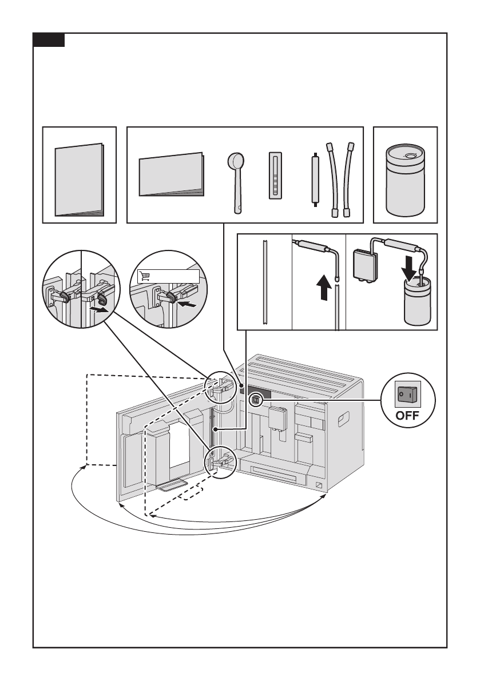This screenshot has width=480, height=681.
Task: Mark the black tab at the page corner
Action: point(49,41)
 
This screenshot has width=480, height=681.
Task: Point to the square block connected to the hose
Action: point(364,262)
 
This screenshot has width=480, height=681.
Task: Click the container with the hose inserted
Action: point(414,304)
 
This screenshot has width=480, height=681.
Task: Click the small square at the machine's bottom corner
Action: point(319,485)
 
